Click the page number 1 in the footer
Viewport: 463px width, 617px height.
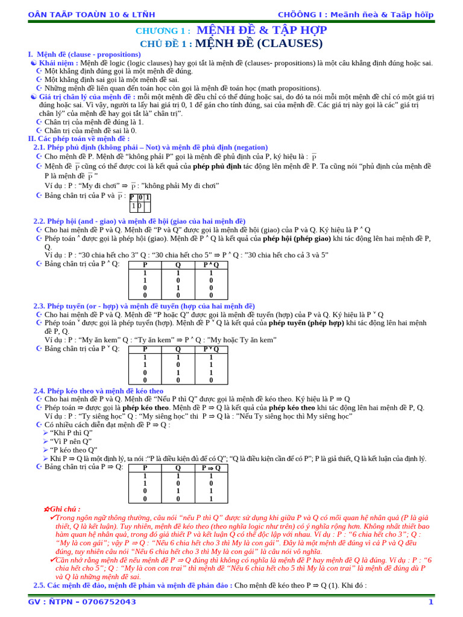pyautogui.click(x=430, y=602)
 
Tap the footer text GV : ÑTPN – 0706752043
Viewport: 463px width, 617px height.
pyautogui.click(x=82, y=602)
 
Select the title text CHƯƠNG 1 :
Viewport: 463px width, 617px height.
pyautogui.click(x=163, y=31)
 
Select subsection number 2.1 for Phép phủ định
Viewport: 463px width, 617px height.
pyautogui.click(x=39, y=147)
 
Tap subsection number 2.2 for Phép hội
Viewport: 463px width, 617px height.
pyautogui.click(x=39, y=221)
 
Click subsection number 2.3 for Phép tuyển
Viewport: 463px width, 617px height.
pyautogui.click(x=39, y=306)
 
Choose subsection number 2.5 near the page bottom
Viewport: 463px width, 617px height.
pyautogui.click(x=39, y=585)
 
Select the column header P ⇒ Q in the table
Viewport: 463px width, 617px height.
pyautogui.click(x=211, y=468)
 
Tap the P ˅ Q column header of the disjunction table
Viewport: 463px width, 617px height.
pyautogui.click(x=211, y=349)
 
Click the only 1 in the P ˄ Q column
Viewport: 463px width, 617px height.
pyautogui.click(x=211, y=273)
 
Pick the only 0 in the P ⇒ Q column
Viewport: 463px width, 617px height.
pyautogui.click(x=211, y=483)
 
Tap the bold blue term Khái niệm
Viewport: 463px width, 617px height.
pyautogui.click(x=58, y=63)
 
